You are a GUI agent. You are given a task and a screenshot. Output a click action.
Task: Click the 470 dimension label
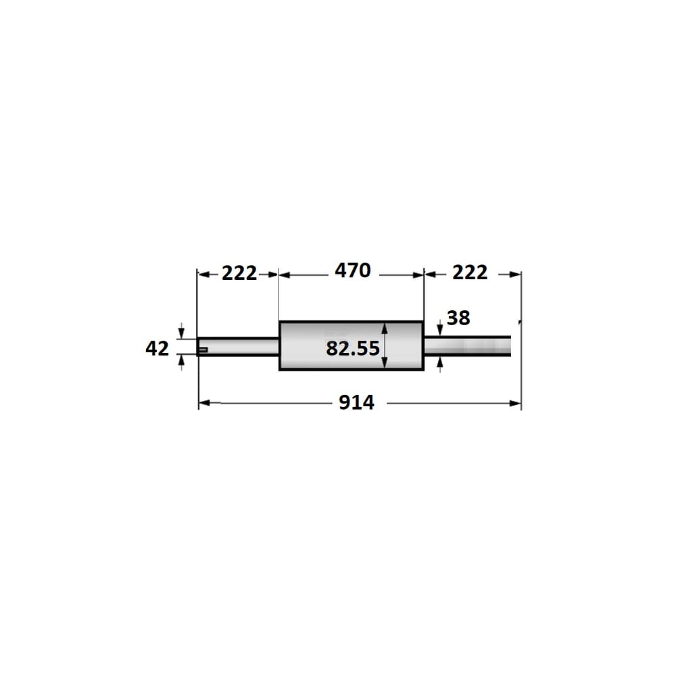(353, 270)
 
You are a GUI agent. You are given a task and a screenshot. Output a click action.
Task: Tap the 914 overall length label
(356, 402)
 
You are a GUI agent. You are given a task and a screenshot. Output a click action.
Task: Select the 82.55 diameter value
(353, 348)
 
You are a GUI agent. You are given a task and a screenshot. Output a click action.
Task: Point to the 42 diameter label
(157, 348)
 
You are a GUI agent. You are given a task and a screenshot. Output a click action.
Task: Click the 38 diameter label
(458, 318)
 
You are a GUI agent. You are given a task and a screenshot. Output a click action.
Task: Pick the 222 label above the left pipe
(239, 273)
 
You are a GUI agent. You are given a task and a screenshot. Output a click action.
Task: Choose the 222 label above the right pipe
(470, 272)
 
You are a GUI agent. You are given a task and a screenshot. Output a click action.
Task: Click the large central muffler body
(352, 345)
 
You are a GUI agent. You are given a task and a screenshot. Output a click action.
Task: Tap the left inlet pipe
(238, 347)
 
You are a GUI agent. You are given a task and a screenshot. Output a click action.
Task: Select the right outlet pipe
(467, 346)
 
